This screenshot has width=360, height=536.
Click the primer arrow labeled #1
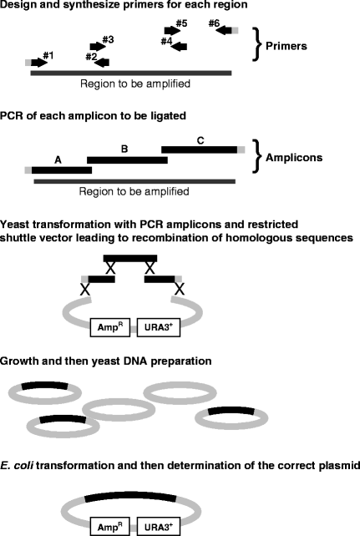(x=38, y=63)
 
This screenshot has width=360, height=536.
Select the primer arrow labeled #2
(x=100, y=62)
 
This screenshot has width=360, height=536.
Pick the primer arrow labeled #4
(x=177, y=46)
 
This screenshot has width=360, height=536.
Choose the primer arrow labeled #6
(x=225, y=31)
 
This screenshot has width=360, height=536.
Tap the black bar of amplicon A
(x=61, y=169)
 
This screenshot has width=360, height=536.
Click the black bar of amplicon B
(x=127, y=159)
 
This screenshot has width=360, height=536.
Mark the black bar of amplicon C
(x=199, y=149)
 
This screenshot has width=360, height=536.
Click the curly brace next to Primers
(x=258, y=47)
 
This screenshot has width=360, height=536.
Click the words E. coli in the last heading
(x=20, y=468)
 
